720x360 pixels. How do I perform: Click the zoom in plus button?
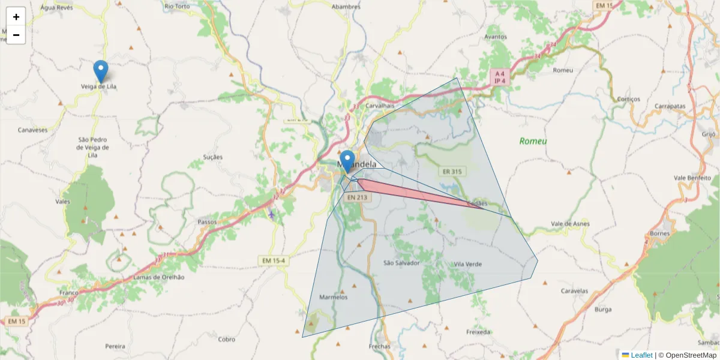tap(16, 17)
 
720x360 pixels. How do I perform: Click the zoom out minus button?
tap(16, 35)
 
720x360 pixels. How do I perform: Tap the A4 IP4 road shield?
tap(500, 77)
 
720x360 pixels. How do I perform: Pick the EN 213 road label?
tap(357, 197)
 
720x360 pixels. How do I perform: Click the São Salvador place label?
tap(401, 263)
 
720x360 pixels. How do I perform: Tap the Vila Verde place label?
tap(468, 264)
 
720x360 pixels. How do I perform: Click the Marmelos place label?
tap(334, 297)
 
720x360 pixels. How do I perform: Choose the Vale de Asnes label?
tap(571, 224)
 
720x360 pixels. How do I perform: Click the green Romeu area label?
tap(533, 141)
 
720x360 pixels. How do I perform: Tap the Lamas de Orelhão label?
tap(159, 277)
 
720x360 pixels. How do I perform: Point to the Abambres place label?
tap(346, 7)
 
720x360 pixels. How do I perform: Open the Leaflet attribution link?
tap(641, 355)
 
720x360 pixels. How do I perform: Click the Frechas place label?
tap(380, 346)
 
